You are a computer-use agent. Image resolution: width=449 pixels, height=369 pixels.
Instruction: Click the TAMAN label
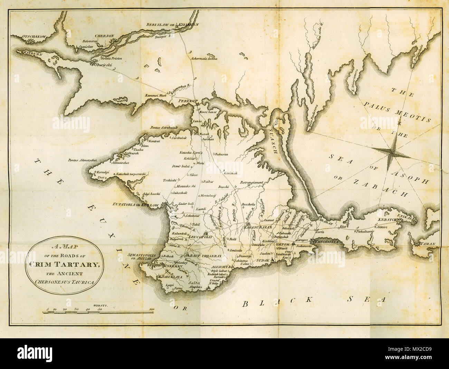(429, 244)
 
